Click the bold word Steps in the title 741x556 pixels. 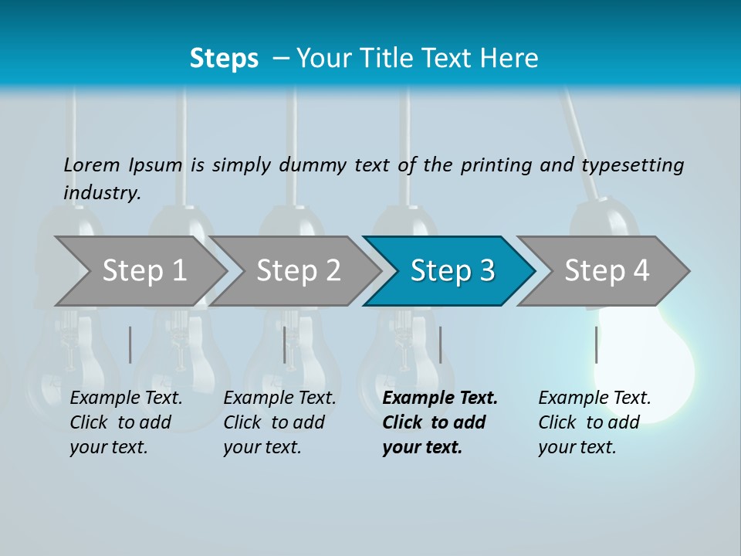(x=224, y=58)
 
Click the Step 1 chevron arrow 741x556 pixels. (x=143, y=270)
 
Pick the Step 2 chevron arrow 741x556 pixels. (x=297, y=270)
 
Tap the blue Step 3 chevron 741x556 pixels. (x=452, y=270)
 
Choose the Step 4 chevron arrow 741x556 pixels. (x=606, y=270)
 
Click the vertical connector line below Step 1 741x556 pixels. (x=130, y=344)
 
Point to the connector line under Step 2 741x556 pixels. (x=285, y=344)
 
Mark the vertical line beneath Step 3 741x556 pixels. (x=440, y=344)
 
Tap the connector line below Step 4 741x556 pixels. (x=596, y=344)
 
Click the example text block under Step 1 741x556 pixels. (x=126, y=422)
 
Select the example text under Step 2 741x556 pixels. (x=279, y=422)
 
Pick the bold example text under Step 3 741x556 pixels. (x=440, y=422)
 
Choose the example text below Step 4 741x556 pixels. (x=594, y=422)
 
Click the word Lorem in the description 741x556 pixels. (x=92, y=164)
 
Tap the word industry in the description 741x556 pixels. (x=102, y=192)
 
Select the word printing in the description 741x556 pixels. (x=496, y=165)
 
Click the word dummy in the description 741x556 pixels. (x=313, y=165)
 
